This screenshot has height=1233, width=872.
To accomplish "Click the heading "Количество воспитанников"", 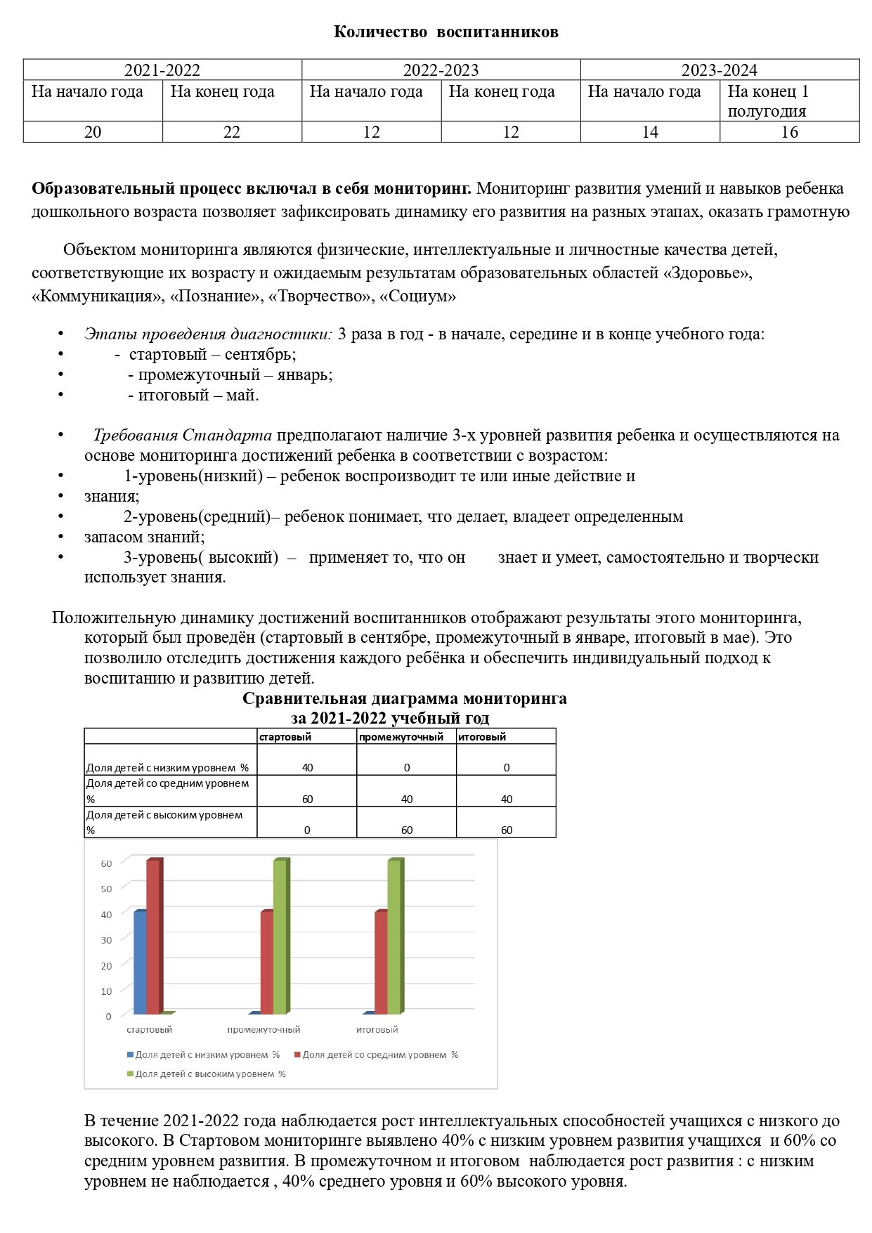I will click(445, 32).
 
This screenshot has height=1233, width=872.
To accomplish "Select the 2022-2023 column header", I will click(441, 70).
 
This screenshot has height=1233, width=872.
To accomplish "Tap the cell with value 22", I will click(232, 132).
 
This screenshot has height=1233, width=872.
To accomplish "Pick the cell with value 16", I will click(789, 132).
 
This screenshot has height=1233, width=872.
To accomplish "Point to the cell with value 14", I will click(650, 132).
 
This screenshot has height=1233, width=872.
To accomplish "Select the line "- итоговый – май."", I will click(193, 395).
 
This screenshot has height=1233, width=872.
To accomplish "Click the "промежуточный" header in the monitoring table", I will click(401, 737).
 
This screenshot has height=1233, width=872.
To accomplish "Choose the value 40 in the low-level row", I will click(307, 767).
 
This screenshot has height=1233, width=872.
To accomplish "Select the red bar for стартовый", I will click(154, 937).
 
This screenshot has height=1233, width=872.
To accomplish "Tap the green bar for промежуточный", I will click(280, 937).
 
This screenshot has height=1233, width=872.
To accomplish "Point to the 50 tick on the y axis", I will click(107, 889).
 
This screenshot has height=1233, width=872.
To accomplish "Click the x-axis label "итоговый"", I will click(377, 1029).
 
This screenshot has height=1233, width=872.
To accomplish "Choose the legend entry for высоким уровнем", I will click(209, 1074).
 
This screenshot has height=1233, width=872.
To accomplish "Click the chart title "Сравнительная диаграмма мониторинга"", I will click(404, 698).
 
